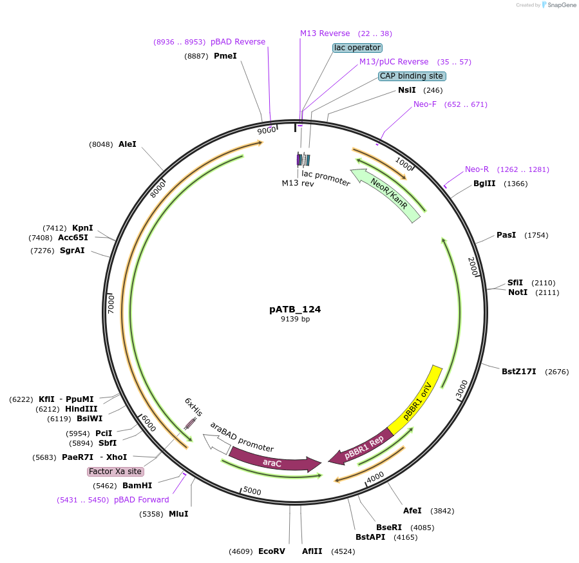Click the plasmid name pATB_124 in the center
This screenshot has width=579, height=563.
click(x=295, y=309)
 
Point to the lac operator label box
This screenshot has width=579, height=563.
click(x=357, y=48)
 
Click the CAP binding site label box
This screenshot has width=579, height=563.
click(x=412, y=76)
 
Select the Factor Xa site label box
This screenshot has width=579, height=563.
click(x=115, y=472)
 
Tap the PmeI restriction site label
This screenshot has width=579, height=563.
click(x=225, y=56)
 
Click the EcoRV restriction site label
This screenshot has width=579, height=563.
click(x=271, y=551)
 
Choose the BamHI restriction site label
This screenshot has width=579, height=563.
click(x=137, y=486)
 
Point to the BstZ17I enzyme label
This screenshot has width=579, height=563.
click(x=518, y=372)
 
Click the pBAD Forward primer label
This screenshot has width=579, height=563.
click(x=142, y=500)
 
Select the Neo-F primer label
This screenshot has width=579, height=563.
click(x=424, y=104)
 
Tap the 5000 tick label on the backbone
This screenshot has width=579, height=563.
click(x=252, y=491)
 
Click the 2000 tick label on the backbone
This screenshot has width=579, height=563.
click(x=473, y=266)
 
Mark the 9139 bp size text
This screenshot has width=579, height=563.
click(x=295, y=319)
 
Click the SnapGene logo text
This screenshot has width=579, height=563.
click(x=561, y=5)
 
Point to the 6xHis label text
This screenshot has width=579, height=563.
click(x=193, y=406)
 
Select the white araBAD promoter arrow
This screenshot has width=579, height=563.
click(x=217, y=444)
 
